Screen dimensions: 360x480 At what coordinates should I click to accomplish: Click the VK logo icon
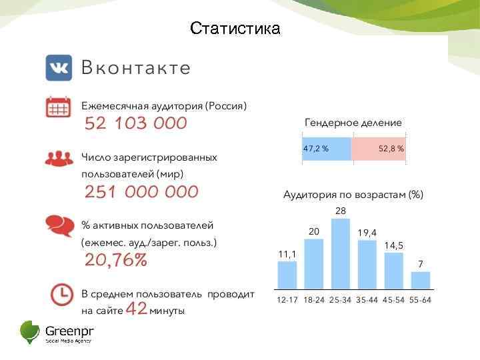59,68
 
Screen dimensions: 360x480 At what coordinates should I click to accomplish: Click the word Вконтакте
136,68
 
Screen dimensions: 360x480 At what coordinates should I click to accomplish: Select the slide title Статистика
235,29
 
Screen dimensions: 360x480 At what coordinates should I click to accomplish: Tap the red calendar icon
59,107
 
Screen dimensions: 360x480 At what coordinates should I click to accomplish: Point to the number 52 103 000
136,124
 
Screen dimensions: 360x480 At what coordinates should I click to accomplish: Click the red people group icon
59,158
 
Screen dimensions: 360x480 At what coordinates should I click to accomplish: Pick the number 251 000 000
141,192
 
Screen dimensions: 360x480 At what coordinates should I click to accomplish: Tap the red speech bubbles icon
59,225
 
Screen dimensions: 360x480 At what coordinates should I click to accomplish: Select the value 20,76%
115,260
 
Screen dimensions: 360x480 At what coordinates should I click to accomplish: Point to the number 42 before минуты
136,309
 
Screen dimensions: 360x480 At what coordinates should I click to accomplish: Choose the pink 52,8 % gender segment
378,149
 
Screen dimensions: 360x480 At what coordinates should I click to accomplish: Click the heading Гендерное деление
353,123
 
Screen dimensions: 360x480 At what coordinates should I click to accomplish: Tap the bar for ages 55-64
421,280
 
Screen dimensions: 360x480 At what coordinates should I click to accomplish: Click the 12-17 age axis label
287,300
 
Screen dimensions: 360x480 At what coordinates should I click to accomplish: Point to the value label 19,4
367,232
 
